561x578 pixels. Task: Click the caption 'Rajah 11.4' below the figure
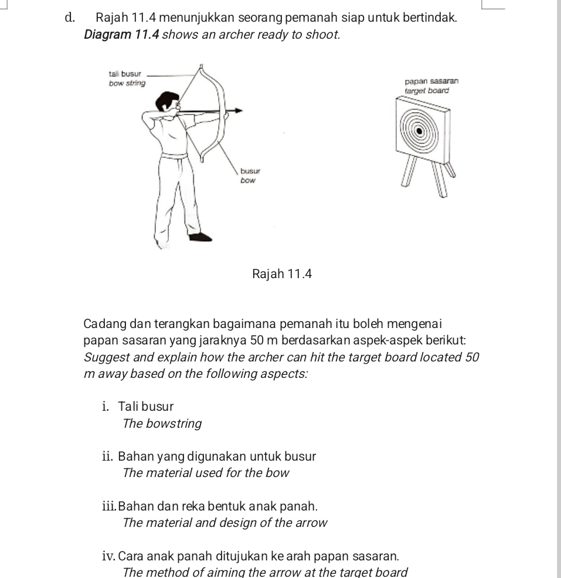[280, 273]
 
